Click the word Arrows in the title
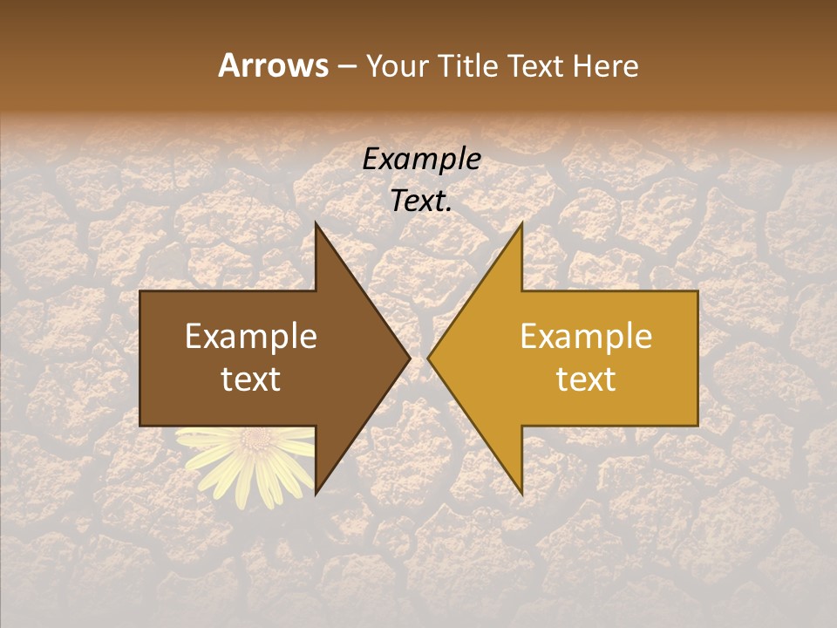click(272, 65)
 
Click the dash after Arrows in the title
click(346, 66)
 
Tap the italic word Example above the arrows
click(421, 159)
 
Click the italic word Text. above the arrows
click(421, 201)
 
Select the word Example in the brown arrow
click(251, 337)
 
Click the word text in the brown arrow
click(251, 379)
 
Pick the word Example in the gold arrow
click(586, 337)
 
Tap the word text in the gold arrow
click(586, 379)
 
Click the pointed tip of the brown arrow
click(409, 358)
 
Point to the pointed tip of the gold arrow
click(429, 358)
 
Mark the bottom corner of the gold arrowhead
click(521, 494)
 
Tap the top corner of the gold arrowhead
click(521, 223)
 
